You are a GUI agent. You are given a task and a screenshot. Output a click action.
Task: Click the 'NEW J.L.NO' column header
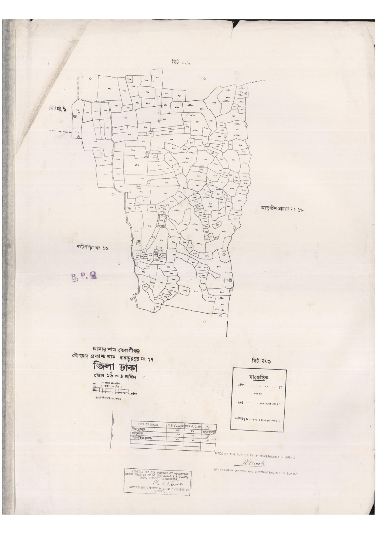coord(193,425)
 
